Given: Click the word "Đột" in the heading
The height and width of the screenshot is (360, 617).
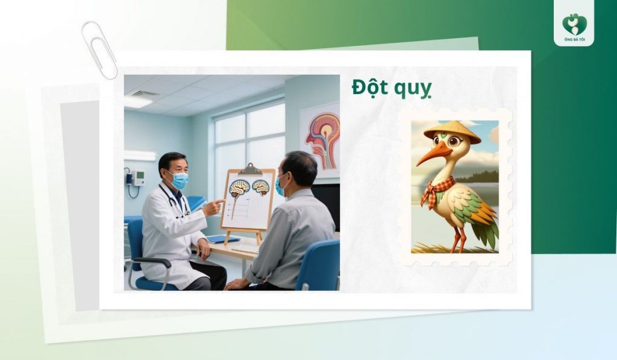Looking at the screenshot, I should click(369, 88).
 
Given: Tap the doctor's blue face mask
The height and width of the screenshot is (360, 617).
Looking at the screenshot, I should click(178, 180).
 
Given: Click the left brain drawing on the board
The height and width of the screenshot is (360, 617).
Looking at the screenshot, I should click(239, 188).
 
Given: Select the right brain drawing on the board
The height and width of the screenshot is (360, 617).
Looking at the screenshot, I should click(260, 187).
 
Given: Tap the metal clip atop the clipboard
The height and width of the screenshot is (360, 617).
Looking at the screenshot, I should click(251, 168).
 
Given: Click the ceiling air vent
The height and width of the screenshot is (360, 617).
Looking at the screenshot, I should click(145, 94).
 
